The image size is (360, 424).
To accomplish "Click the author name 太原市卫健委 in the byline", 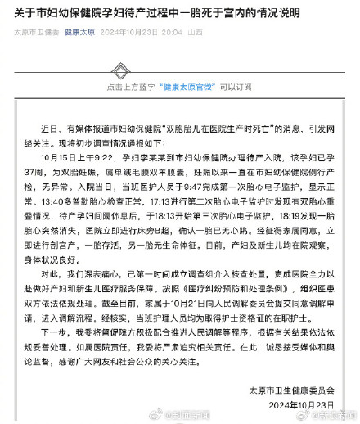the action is tap(35, 33).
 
